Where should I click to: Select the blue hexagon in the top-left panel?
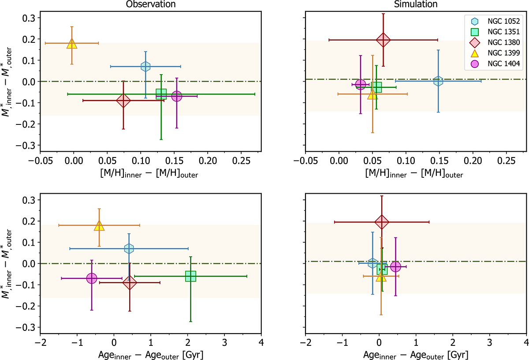(145, 67)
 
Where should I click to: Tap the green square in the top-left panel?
(161, 94)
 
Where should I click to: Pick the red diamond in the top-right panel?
(384, 40)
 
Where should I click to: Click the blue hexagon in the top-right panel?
(438, 81)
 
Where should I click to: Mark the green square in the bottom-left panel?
(190, 276)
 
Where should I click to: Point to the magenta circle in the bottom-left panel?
(92, 278)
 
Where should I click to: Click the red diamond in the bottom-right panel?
(382, 221)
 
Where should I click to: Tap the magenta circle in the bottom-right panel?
(395, 266)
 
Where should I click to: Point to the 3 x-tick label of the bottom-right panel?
(489, 342)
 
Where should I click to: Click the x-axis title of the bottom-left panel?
(151, 354)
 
